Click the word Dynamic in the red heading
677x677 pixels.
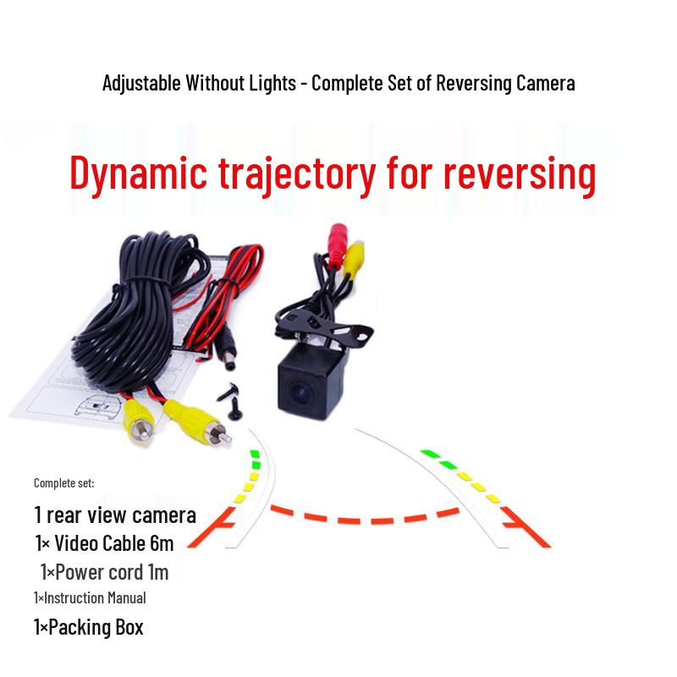point(138,172)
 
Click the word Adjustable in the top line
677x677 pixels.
point(141,83)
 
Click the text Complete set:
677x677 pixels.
point(64,482)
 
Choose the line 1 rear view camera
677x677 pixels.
point(115,515)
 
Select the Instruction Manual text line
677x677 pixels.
point(90,597)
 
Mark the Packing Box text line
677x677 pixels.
point(88,627)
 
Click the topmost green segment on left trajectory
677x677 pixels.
point(255,454)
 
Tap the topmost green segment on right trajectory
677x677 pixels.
point(428,453)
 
